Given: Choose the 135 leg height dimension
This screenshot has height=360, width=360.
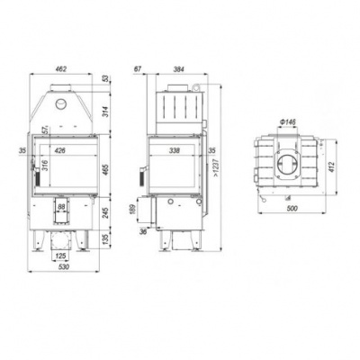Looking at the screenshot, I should tap(105, 239).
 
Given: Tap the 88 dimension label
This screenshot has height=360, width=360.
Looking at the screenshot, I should tap(60, 208).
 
